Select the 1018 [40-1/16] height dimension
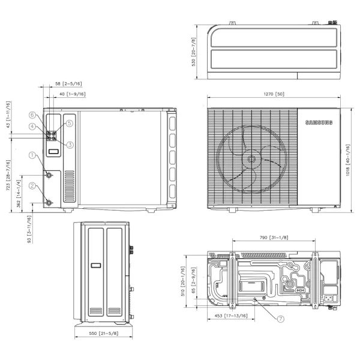[x=348, y=158]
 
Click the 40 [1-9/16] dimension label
[x=72, y=94]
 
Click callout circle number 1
[x=31, y=155]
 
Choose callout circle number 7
[x=280, y=319]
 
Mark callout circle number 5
[x=69, y=123]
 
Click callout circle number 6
[x=31, y=115]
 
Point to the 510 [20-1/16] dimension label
[x=184, y=278]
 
